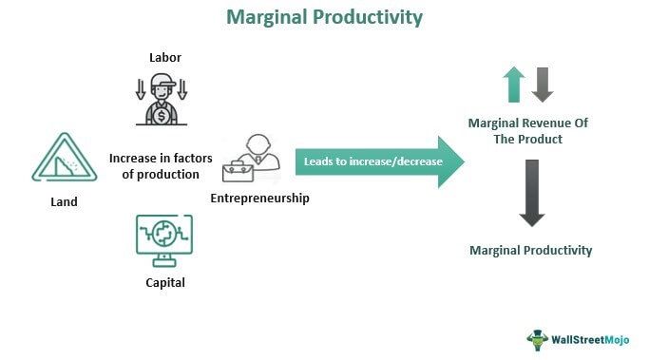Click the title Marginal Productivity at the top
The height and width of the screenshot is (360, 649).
coord(324,17)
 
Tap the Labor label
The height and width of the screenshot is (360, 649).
coord(164,58)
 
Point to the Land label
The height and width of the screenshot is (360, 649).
coord(64,201)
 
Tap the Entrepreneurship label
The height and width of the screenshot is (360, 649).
coord(260,199)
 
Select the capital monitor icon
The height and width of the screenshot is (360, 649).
coord(164,237)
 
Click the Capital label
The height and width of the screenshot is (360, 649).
coord(164,282)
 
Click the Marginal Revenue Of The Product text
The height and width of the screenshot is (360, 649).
coord(529,131)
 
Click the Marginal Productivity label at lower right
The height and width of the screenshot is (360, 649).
coord(531,250)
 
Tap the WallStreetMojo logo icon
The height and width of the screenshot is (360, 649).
coord(538,339)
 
